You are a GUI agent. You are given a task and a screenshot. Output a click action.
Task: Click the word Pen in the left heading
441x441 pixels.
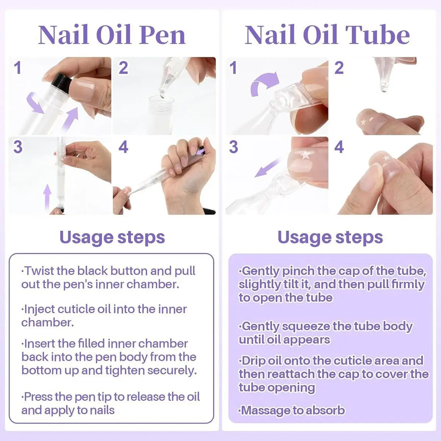click(162, 35)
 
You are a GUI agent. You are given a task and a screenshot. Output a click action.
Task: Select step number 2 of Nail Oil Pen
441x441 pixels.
click(123, 68)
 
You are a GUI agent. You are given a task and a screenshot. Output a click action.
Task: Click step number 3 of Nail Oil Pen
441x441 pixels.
click(18, 147)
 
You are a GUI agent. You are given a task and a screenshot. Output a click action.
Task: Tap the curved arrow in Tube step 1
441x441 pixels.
click(265, 84)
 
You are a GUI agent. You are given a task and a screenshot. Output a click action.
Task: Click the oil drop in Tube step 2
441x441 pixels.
click(384, 88)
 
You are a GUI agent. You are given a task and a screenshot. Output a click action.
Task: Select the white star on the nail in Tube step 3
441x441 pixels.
click(305, 155)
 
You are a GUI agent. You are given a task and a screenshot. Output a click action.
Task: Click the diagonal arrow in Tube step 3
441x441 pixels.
click(267, 168)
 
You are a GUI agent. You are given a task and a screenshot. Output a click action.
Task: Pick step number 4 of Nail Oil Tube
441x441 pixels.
click(339, 147)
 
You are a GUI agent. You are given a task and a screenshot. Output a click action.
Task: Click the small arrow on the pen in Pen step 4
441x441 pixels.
click(201, 151)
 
